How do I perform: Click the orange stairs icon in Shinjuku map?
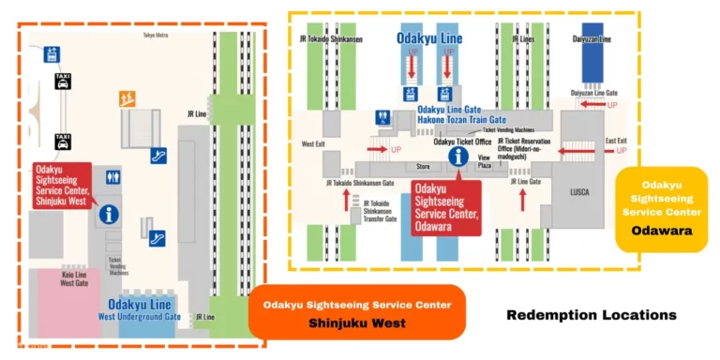pyautogui.click(x=126, y=97)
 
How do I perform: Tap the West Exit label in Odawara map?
pyautogui.click(x=313, y=144)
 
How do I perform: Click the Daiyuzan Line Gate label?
pyautogui.click(x=593, y=93)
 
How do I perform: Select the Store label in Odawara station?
pyautogui.click(x=422, y=168)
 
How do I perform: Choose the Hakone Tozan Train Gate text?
pyautogui.click(x=460, y=120)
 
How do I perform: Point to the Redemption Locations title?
pyautogui.click(x=591, y=315)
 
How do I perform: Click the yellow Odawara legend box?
pyautogui.click(x=661, y=209)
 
